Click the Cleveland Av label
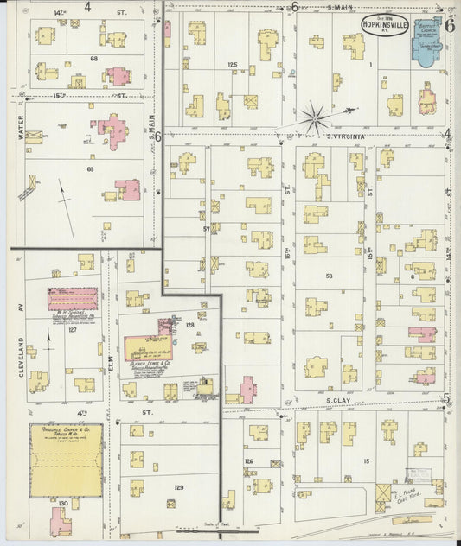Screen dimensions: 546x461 coord(18,324)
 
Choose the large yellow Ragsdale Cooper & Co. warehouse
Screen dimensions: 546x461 coord(67,460)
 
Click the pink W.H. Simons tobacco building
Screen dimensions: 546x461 coord(72,297)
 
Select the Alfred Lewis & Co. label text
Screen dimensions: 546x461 coord(148,365)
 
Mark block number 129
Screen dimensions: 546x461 coord(178,487)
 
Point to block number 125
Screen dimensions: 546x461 coord(232,65)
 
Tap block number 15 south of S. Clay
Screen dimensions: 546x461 coord(366,463)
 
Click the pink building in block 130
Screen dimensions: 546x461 coord(59,520)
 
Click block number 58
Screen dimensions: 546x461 coord(329,276)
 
